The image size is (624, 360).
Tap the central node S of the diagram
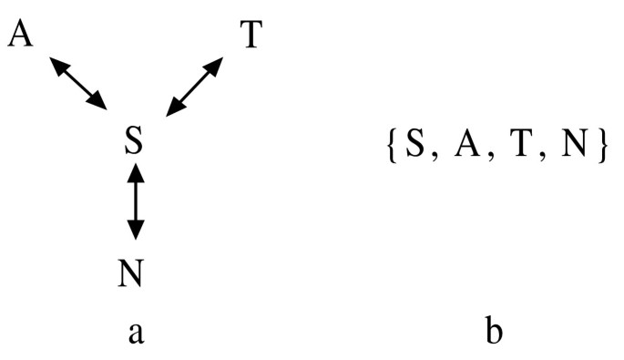(134, 142)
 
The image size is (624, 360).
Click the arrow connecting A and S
(79, 84)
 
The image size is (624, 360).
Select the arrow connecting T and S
(195, 87)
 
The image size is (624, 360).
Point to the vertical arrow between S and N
(135, 201)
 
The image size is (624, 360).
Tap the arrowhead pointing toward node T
(216, 65)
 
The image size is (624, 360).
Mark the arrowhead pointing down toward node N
(135, 232)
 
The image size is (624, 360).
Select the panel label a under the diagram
(136, 334)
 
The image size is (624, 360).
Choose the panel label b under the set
(494, 332)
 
